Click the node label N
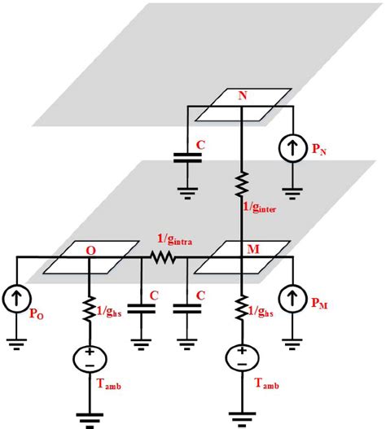pyautogui.click(x=242, y=96)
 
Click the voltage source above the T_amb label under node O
pyautogui.click(x=89, y=358)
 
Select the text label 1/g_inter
pyautogui.click(x=266, y=210)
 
